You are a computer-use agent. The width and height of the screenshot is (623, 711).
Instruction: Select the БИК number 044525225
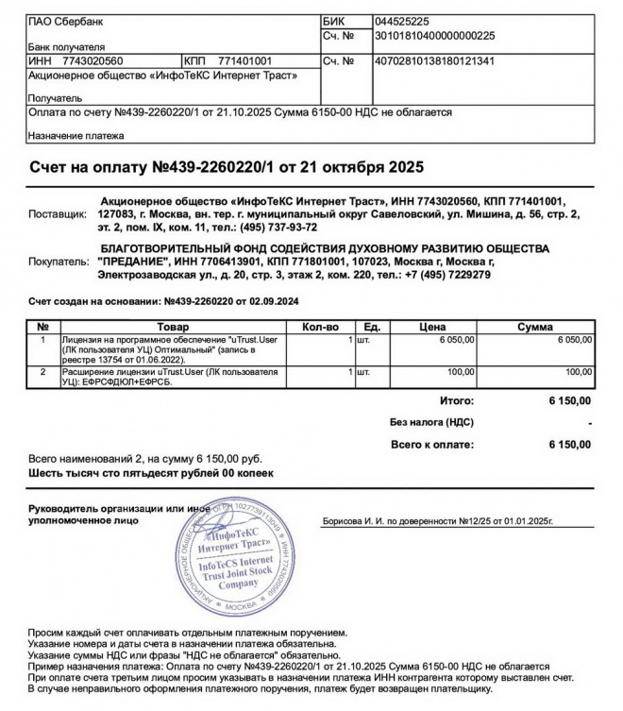(x=402, y=21)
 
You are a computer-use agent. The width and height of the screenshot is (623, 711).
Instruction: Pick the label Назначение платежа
(x=76, y=136)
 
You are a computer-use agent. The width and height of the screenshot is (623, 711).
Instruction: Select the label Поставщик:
(x=57, y=214)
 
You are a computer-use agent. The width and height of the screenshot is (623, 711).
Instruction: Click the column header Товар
(x=166, y=326)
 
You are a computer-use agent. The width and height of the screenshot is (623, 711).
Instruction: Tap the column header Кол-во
(x=319, y=326)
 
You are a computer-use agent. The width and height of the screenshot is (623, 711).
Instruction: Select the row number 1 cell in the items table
(x=42, y=338)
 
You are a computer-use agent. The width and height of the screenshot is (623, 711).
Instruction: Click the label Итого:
(x=456, y=401)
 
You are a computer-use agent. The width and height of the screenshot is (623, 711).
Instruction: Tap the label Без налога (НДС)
(x=430, y=422)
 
